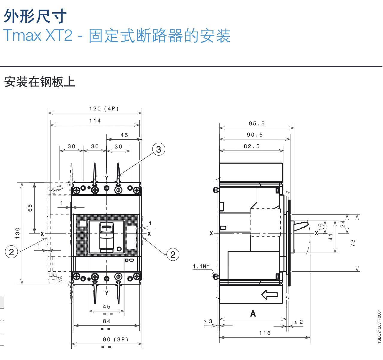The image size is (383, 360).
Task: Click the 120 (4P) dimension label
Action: pyautogui.click(x=104, y=109)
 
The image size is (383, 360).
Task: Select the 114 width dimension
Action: pyautogui.click(x=95, y=121)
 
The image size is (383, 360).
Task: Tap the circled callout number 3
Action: pyautogui.click(x=159, y=149)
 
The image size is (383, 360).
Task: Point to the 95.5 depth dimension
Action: pyautogui.click(x=257, y=124)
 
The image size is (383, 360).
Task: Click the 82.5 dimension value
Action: pyautogui.click(x=252, y=146)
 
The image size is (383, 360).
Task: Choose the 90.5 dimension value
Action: pyautogui.click(x=255, y=135)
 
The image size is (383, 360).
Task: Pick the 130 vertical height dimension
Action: pyautogui.click(x=17, y=233)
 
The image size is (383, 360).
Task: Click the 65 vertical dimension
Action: pyautogui.click(x=30, y=208)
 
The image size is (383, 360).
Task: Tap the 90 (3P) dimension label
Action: pyautogui.click(x=115, y=339)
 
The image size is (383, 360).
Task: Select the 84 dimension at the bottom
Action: pyautogui.click(x=107, y=321)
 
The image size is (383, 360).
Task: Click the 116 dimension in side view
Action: pyautogui.click(x=265, y=333)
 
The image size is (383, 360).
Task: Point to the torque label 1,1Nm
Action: pyautogui.click(x=201, y=266)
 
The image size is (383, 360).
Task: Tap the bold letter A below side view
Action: pyautogui.click(x=253, y=314)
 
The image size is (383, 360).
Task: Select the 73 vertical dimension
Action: pyautogui.click(x=352, y=243)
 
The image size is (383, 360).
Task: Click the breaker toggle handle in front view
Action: pyautogui.click(x=106, y=236)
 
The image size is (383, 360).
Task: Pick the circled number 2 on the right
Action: pyautogui.click(x=173, y=255)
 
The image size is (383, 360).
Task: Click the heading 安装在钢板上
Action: pyautogui.click(x=40, y=82)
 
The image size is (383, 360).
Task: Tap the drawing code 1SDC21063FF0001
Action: pyautogui.click(x=379, y=326)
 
